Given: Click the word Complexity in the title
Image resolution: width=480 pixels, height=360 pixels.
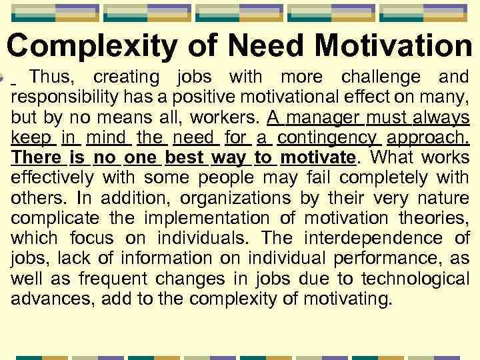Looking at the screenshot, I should [93, 45].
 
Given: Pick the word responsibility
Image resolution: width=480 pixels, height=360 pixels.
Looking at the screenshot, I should [56, 98].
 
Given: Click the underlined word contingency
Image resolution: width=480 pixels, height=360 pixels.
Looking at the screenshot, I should [329, 139].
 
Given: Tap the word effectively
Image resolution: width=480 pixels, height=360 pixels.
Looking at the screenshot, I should [53, 179].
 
